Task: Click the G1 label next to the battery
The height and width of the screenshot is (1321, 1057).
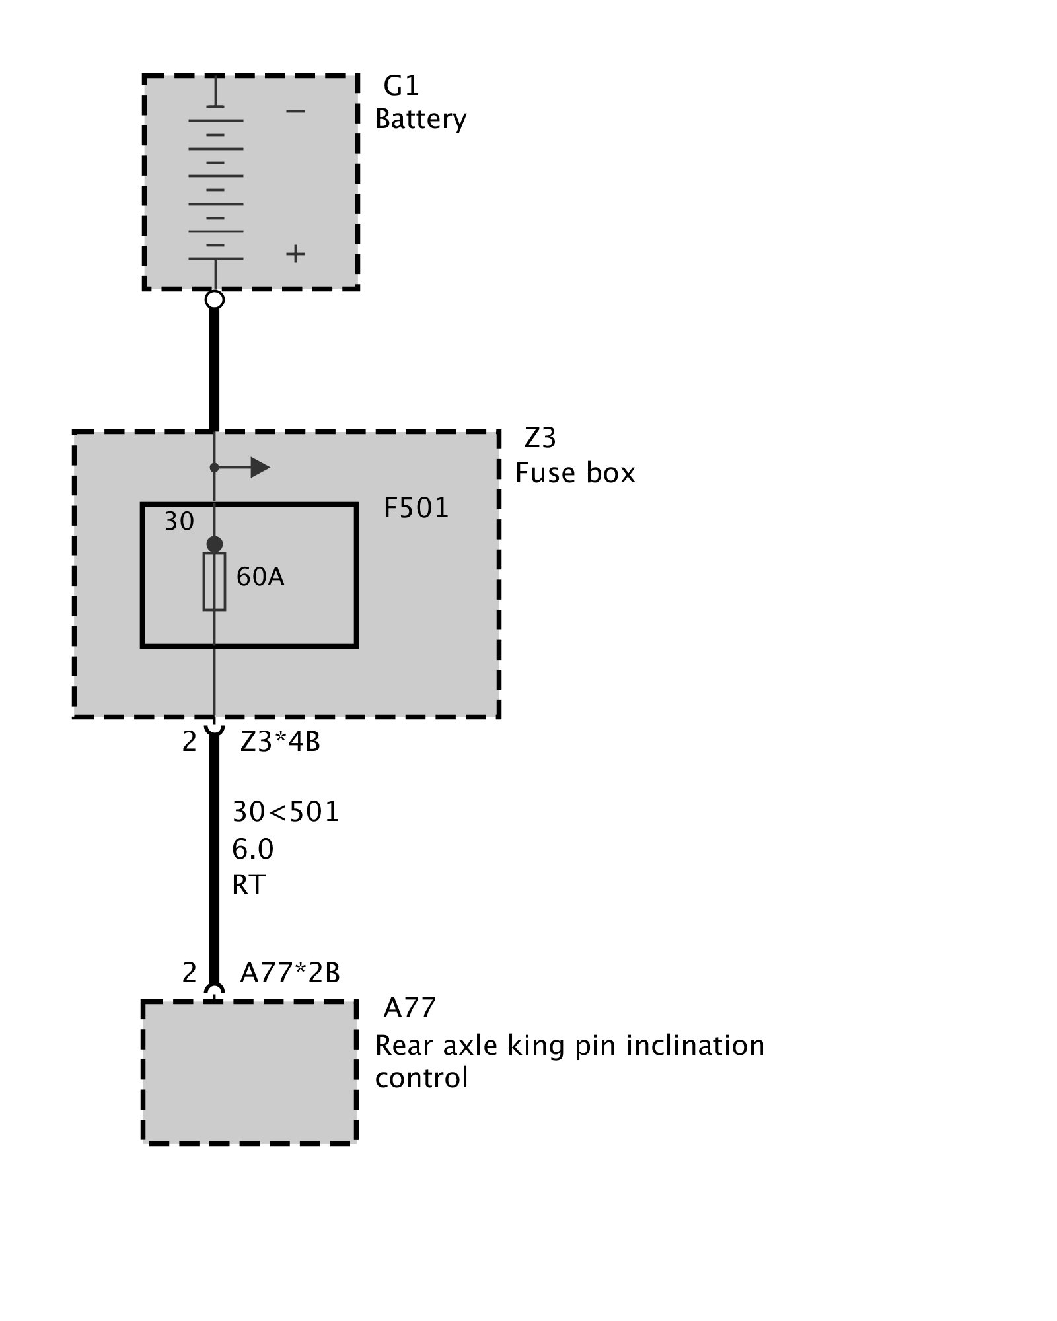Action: [x=401, y=86]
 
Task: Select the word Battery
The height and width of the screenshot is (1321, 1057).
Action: [x=421, y=120]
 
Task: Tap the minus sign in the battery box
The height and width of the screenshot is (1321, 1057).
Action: [x=295, y=111]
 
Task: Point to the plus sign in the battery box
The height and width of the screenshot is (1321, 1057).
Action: [x=295, y=254]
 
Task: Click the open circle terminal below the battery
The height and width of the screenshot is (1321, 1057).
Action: [x=215, y=300]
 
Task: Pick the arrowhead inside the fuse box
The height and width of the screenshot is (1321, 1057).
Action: [x=260, y=468]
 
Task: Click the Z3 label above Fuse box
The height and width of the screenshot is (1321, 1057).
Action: [x=540, y=438]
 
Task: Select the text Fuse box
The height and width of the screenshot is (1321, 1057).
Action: [x=575, y=473]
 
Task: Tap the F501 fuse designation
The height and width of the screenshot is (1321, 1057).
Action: [x=416, y=508]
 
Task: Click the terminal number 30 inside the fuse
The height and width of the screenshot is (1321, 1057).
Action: [x=179, y=522]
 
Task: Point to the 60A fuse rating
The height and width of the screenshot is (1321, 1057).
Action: [x=260, y=577]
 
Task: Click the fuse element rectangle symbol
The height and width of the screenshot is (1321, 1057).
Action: [x=214, y=581]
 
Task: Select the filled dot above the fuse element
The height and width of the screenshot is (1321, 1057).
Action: [x=215, y=544]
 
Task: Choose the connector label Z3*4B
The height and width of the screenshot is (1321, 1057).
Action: [x=280, y=742]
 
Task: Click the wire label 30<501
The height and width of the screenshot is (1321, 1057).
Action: [x=285, y=812]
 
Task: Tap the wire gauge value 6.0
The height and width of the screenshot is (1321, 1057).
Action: [x=252, y=849]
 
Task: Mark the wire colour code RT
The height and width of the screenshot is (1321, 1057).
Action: [x=248, y=884]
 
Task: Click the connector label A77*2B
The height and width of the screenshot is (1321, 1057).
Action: [x=290, y=973]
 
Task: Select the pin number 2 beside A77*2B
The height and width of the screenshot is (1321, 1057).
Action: [x=190, y=973]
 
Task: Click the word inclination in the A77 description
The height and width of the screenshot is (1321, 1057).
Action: [x=695, y=1046]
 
